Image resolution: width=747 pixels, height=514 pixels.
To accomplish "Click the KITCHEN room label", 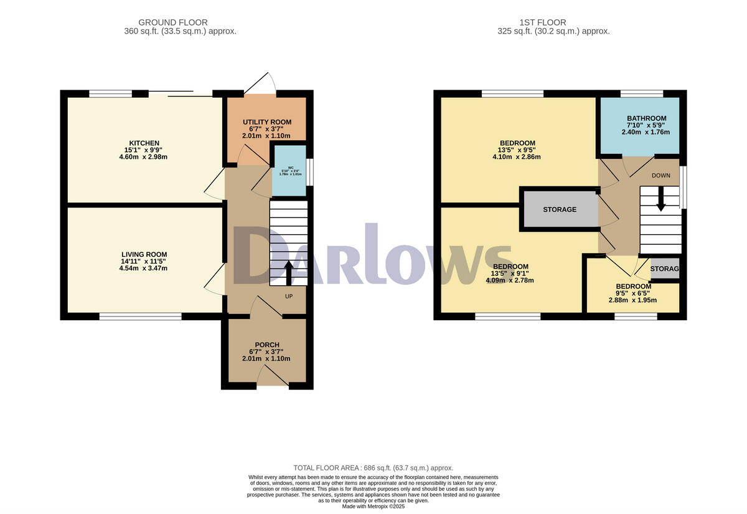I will pyautogui.click(x=144, y=143).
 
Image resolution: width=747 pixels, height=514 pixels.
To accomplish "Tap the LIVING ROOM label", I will pyautogui.click(x=144, y=254).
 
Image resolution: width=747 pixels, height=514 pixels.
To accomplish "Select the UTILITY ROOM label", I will pyautogui.click(x=266, y=122).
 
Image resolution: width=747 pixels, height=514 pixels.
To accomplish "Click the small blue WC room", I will pyautogui.click(x=290, y=170).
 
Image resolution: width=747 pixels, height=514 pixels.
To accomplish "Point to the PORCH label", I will pyautogui.click(x=266, y=345).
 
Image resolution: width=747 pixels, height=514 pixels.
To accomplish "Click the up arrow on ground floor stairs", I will pyautogui.click(x=288, y=272).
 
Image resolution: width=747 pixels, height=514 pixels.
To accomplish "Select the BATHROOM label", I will pyautogui.click(x=646, y=118).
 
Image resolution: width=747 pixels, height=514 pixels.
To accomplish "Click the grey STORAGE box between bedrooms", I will pyautogui.click(x=559, y=209).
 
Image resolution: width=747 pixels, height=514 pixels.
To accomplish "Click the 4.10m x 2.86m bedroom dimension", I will pyautogui.click(x=516, y=157).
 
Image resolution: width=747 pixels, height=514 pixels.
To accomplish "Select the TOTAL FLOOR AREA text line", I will pyautogui.click(x=373, y=468).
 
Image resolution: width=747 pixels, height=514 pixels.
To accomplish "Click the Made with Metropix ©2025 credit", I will pyautogui.click(x=373, y=507).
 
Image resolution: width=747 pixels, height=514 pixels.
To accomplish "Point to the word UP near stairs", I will pyautogui.click(x=288, y=297).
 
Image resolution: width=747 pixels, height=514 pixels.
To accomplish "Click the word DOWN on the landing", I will pyautogui.click(x=660, y=176).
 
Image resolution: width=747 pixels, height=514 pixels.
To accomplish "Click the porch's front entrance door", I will pyautogui.click(x=272, y=376).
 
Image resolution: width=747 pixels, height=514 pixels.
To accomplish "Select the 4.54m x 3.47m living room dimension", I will pyautogui.click(x=144, y=269).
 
